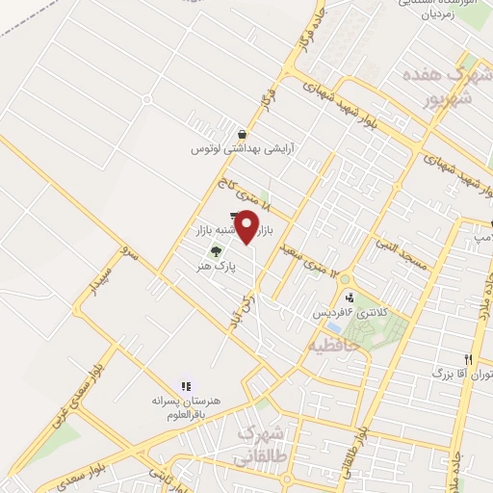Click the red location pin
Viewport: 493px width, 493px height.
pos(247,226)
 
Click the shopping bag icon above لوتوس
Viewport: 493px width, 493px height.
pos(241,134)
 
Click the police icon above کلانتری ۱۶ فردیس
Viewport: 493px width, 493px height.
pos(349,298)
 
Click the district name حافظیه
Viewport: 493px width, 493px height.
pos(332,342)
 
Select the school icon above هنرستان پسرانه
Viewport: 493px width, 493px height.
pos(185,383)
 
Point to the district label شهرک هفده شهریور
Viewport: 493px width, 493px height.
pos(438,86)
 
